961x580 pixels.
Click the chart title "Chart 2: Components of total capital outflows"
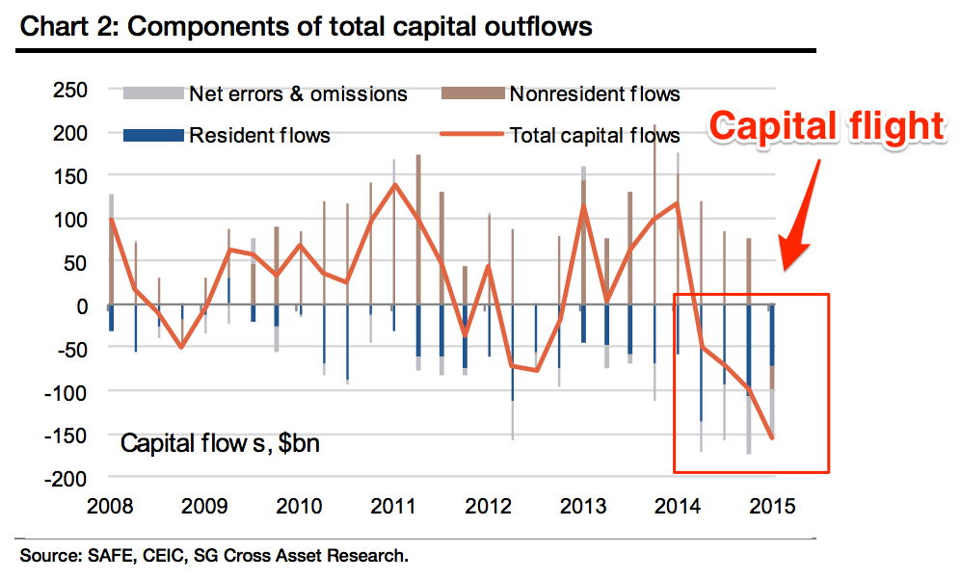coord(306,25)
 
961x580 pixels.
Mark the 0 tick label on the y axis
coord(83,305)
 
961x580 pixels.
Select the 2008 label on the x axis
coord(110,506)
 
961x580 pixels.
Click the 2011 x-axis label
coord(394,506)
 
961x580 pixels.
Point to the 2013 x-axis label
coord(584,506)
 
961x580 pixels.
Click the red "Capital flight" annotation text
coord(828,125)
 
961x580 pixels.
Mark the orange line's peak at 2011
coord(394,184)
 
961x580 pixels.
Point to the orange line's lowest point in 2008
coord(181,347)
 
